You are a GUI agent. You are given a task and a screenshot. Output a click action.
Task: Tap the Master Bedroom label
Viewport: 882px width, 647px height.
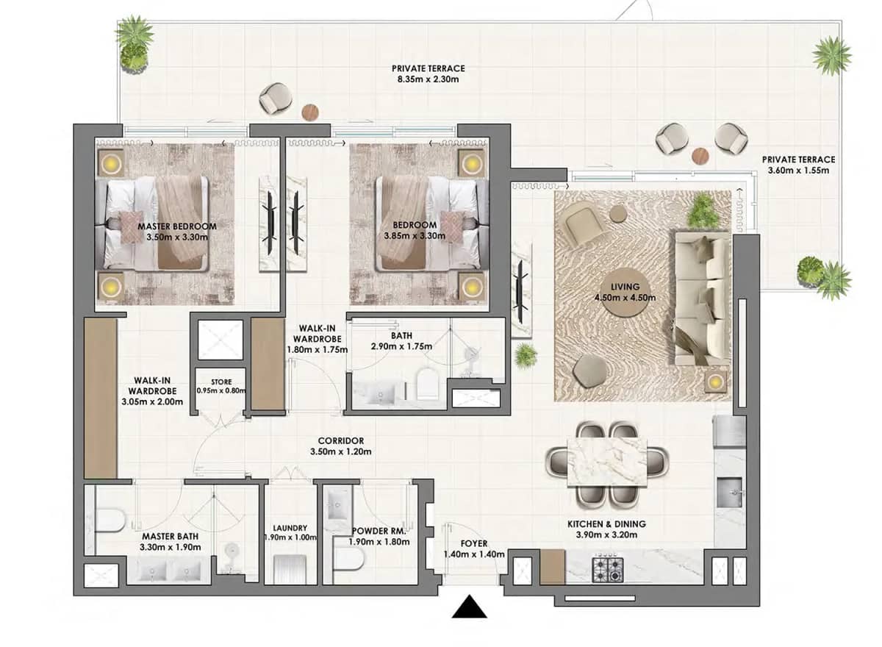tap(176, 226)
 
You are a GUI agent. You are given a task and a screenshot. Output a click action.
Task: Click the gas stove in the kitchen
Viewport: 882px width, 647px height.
tap(607, 568)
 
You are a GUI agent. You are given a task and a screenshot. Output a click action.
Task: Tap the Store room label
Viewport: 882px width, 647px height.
tap(220, 381)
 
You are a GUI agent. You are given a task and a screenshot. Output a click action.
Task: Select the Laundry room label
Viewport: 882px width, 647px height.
tap(289, 528)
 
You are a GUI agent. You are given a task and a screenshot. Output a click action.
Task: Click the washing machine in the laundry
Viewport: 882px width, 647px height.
tap(289, 569)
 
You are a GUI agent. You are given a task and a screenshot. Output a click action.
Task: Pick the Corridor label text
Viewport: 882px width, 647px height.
tap(340, 440)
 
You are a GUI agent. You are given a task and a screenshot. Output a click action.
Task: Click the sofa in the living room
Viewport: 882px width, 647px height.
tap(700, 298)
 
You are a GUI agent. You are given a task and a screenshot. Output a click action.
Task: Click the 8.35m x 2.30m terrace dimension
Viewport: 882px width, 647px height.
tap(428, 79)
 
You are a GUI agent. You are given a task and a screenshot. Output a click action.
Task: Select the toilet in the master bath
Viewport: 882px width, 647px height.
tap(110, 521)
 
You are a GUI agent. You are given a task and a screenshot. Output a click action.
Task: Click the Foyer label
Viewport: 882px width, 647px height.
tap(473, 543)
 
